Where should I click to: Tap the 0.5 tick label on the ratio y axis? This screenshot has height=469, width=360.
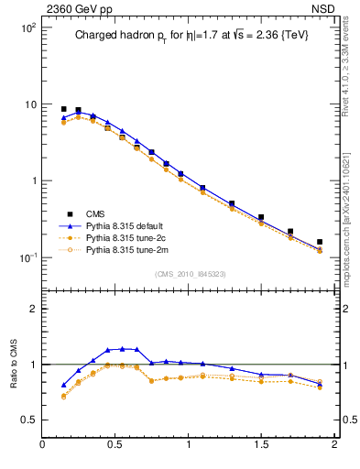point(29,420)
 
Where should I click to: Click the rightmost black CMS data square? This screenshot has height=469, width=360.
point(320,243)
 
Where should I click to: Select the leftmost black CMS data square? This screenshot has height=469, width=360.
point(63,109)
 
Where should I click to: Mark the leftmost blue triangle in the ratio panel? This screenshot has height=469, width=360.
point(63,385)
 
